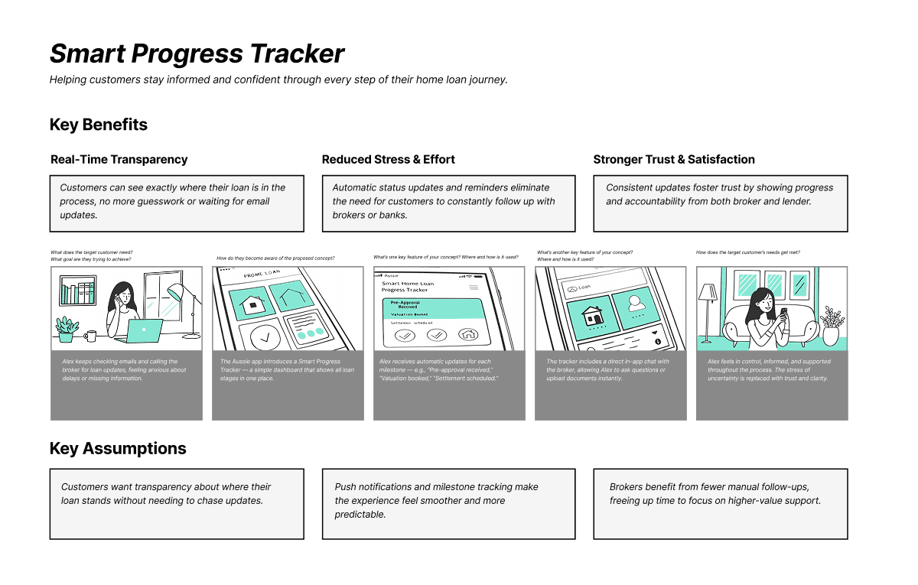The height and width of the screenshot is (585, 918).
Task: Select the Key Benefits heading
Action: pos(99,125)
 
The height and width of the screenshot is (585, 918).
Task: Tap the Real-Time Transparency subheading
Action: pos(119,159)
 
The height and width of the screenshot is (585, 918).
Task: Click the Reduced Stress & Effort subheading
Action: pos(388,159)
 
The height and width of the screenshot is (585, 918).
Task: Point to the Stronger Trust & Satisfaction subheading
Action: pos(674,159)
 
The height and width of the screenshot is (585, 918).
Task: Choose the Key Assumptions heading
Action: pos(118,449)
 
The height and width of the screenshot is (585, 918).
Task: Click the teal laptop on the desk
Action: pos(144,331)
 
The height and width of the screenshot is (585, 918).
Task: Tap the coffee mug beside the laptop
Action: pos(91,335)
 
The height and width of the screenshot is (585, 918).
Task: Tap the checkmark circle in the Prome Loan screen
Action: pos(255,336)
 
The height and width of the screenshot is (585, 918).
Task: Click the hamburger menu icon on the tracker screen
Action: pos(474,286)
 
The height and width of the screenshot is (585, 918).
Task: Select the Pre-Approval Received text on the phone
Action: pos(410,304)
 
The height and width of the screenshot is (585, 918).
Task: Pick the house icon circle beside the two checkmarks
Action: pos(467,334)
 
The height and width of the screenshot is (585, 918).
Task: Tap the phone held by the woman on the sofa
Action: pos(783,314)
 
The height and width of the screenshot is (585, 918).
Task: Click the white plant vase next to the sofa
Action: pos(830,335)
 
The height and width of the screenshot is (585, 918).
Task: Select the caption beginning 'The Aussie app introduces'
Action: pos(287,370)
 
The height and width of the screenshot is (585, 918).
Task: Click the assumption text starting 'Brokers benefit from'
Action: pos(715,493)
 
